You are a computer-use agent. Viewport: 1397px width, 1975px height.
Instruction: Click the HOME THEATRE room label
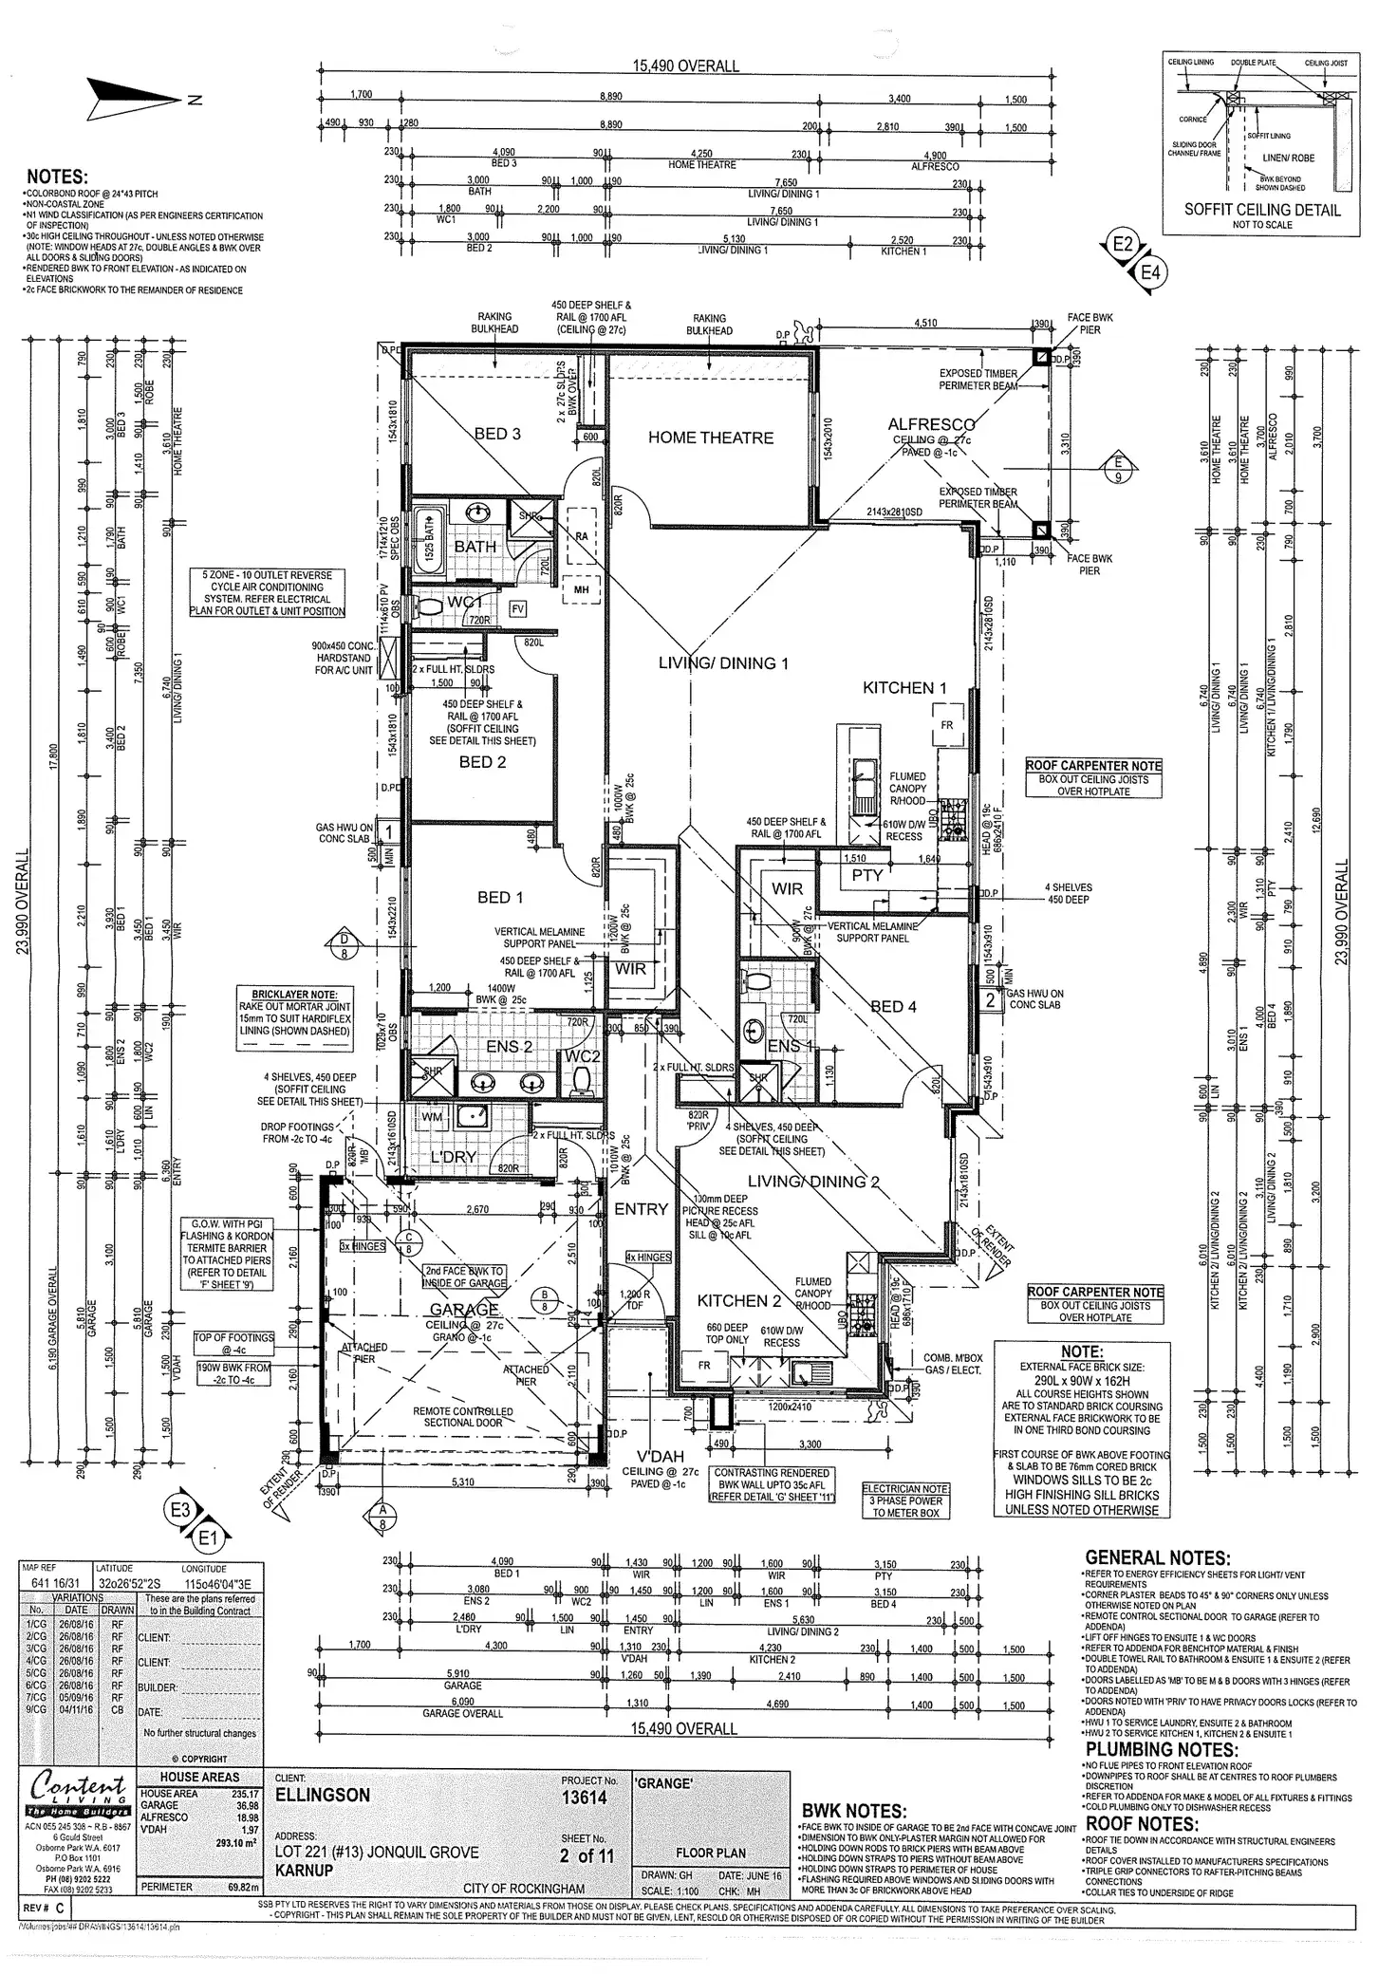coord(710,438)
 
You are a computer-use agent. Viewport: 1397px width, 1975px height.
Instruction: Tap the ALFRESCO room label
coord(931,424)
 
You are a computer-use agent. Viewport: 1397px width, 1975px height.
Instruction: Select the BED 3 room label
coord(496,434)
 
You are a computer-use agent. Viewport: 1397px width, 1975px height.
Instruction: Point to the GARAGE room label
coord(463,1310)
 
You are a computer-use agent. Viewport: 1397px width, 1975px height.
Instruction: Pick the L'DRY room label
coord(453,1158)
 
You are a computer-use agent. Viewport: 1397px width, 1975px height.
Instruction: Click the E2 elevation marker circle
coord(1123,245)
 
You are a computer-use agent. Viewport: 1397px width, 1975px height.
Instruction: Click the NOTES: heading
coord(57,177)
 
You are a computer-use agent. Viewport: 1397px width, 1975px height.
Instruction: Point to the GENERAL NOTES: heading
coord(1157,1557)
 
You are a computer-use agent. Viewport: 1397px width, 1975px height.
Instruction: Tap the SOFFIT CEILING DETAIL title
coord(1262,210)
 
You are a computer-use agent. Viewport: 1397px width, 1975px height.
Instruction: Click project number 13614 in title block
coord(584,1797)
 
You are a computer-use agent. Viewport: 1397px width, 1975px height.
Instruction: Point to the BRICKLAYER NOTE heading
coord(295,994)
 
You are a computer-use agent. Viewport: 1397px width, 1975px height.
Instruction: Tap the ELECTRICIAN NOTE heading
coord(905,1489)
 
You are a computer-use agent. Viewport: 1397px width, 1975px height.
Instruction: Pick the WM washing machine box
coord(432,1117)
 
